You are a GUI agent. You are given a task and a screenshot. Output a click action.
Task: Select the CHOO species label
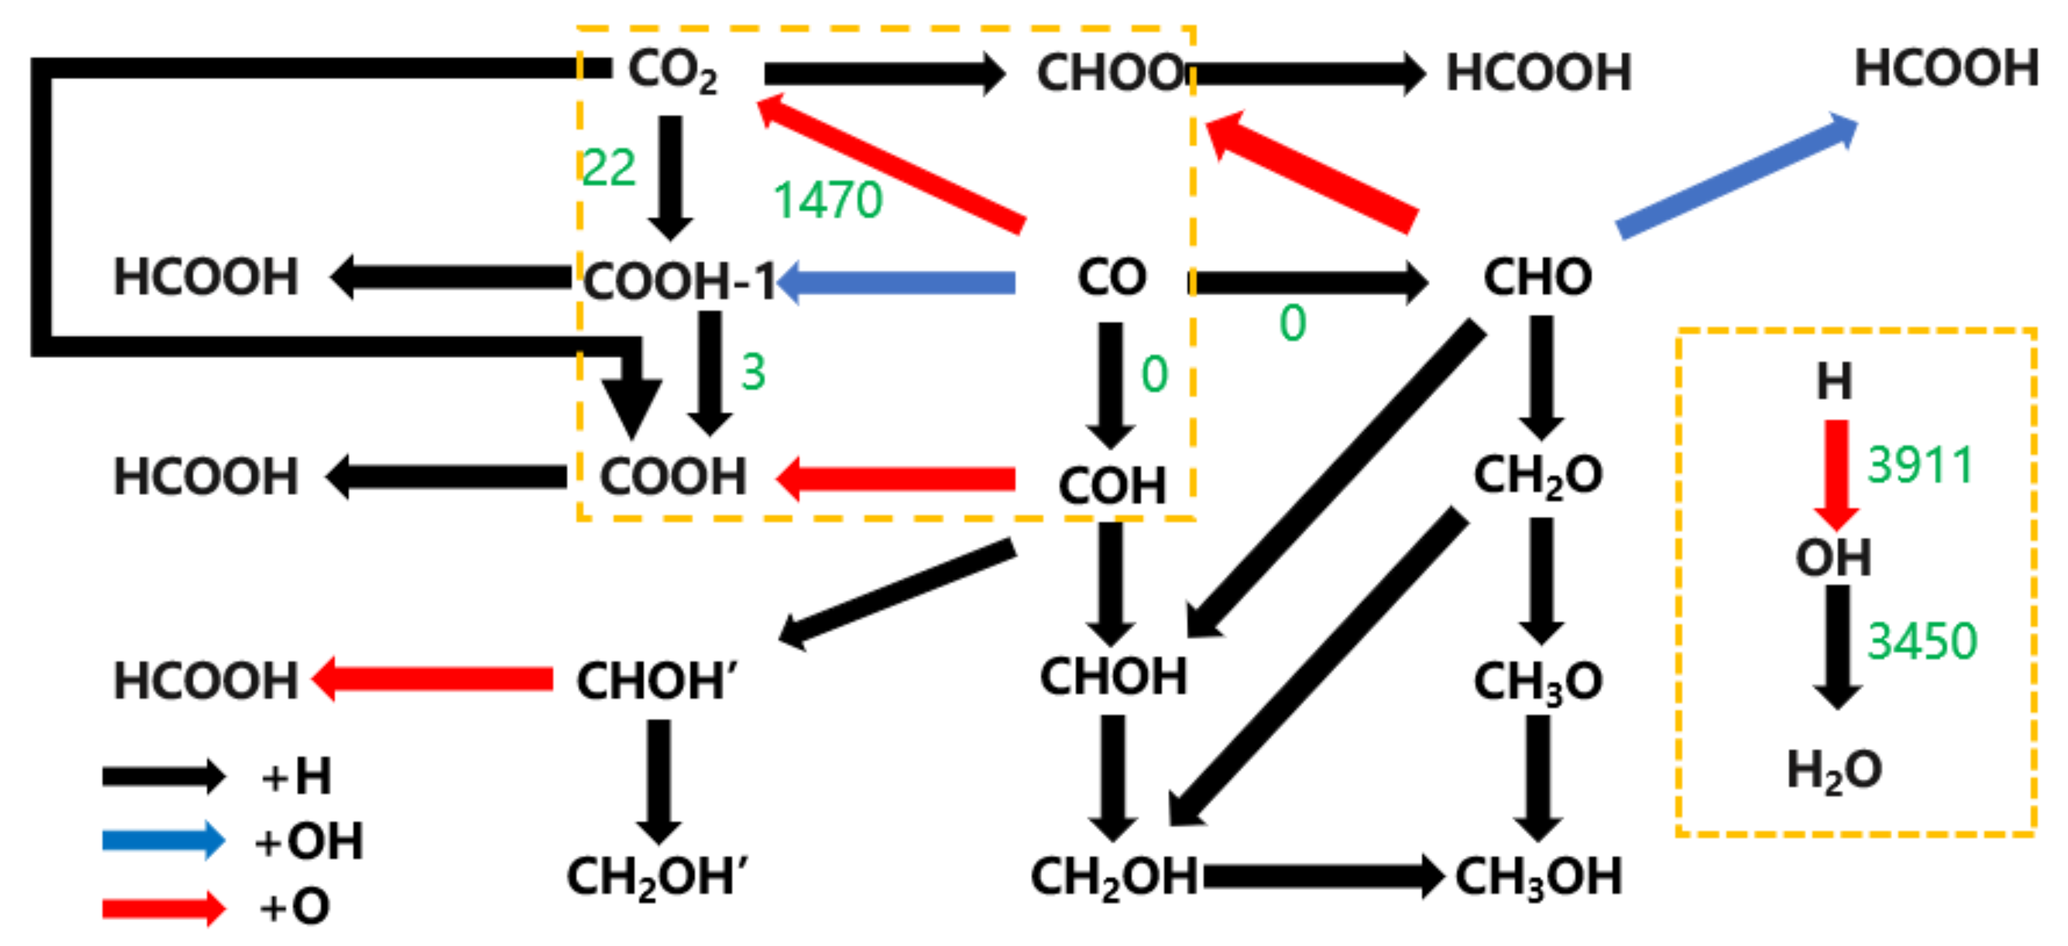[x=1110, y=73]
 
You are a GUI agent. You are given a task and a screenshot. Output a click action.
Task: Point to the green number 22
[x=609, y=168]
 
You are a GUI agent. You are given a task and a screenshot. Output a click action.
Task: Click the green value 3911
[x=1919, y=466]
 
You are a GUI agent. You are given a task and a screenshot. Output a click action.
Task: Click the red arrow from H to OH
[x=1837, y=474]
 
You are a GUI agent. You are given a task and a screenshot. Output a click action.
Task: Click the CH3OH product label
[x=1539, y=876]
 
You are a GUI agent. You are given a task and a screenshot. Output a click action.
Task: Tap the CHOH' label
[x=657, y=681]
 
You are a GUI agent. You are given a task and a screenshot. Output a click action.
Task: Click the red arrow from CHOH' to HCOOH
[x=433, y=679]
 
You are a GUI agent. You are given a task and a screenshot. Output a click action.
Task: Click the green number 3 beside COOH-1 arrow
[x=752, y=372]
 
